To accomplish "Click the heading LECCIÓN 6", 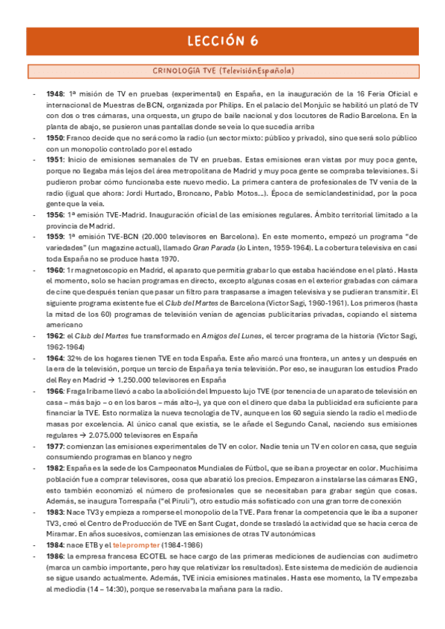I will pyautogui.click(x=223, y=41).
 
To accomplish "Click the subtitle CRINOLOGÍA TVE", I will pyautogui.click(x=223, y=71).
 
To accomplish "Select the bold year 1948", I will pyautogui.click(x=53, y=95).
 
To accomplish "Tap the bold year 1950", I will pyautogui.click(x=53, y=139).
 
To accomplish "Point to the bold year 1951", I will pyautogui.click(x=53, y=160).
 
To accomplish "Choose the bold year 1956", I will pyautogui.click(x=53, y=214).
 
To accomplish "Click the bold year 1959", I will pyautogui.click(x=53, y=236).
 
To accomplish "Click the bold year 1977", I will pyautogui.click(x=53, y=447).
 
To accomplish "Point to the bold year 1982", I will pyautogui.click(x=53, y=468).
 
